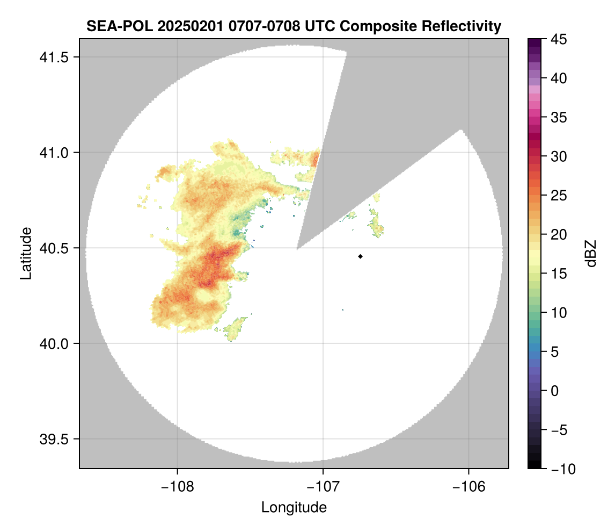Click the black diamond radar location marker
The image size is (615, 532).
[x=360, y=256]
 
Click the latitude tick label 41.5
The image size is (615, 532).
[x=55, y=57]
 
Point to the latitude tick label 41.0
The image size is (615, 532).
[x=55, y=153]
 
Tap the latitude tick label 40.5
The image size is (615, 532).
[x=55, y=248]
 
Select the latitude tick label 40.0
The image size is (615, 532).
[x=55, y=343]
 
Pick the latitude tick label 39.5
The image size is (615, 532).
[x=55, y=438]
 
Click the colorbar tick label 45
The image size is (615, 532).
[x=560, y=39]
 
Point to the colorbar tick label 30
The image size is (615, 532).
[x=560, y=156]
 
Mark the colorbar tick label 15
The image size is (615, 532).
[x=560, y=274]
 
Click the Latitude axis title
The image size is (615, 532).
[x=26, y=254]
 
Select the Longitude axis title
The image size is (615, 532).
[x=294, y=507]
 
